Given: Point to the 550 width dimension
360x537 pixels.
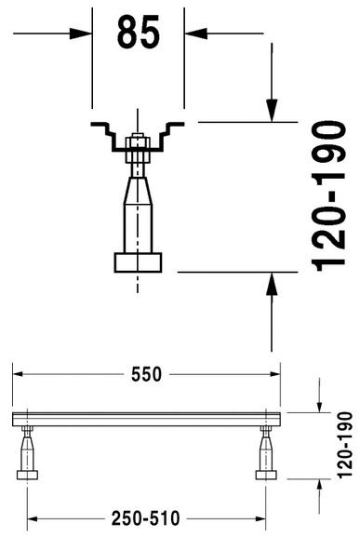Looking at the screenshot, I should (146, 374).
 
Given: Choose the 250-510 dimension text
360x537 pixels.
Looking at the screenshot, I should (147, 518).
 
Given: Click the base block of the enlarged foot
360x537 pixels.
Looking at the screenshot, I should (138, 261).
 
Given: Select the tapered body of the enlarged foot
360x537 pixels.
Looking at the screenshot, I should (138, 209).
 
